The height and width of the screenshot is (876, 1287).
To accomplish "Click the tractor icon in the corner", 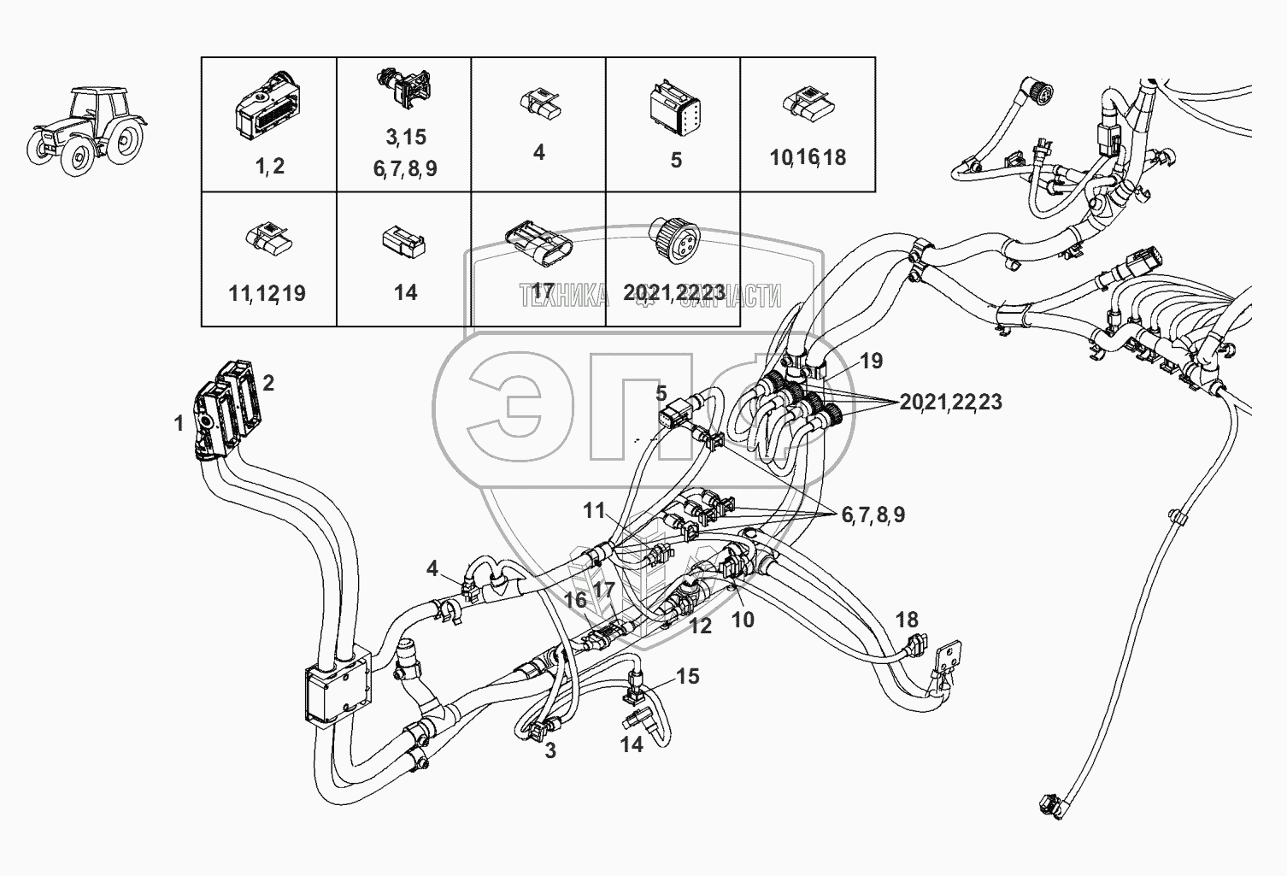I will [x=86, y=126].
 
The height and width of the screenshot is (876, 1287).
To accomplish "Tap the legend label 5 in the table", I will [x=676, y=160].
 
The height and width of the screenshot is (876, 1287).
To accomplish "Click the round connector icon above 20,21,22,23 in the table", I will [x=673, y=236].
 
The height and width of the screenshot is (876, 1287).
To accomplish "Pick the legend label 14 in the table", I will [x=405, y=293].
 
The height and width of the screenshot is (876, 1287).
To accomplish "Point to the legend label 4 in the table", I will [x=538, y=153].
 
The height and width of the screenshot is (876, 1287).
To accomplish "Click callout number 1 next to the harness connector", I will [x=179, y=423].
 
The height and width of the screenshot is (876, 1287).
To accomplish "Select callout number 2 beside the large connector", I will [x=268, y=383].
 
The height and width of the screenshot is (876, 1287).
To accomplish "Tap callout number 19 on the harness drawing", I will [x=871, y=361].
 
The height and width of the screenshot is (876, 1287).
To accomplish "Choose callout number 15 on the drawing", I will [x=688, y=677].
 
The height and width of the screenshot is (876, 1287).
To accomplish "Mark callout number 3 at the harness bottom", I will [x=550, y=751].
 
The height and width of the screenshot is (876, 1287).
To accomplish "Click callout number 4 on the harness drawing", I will [x=432, y=568].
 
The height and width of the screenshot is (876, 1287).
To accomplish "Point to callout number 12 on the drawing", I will [x=700, y=626].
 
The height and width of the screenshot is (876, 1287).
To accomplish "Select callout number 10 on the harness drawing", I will [x=743, y=620].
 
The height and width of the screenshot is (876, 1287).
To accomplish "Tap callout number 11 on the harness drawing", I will [x=594, y=511].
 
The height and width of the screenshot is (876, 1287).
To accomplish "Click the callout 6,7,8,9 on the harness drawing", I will [x=873, y=514].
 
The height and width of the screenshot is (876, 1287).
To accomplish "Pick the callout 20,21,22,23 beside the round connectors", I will [x=950, y=402].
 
